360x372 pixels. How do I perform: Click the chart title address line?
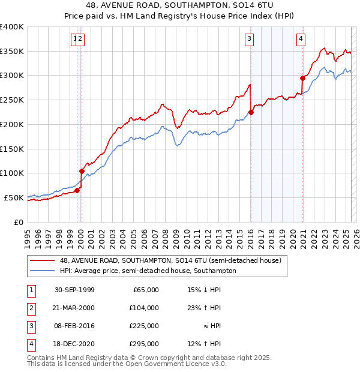coord(179,5)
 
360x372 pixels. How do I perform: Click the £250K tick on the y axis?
coord(11,100)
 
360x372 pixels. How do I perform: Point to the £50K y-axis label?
coord(13,197)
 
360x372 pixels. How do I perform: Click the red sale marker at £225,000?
coord(251,112)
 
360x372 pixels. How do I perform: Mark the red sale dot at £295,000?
coord(302,78)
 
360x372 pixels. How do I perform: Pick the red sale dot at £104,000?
coord(82,171)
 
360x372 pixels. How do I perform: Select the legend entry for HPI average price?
coord(148,271)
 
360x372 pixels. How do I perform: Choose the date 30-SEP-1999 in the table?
coord(74,290)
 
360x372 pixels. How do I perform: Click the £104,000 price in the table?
coord(144,308)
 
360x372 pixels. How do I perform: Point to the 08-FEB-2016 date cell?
coord(74,326)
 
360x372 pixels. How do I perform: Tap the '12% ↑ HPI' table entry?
coord(204,344)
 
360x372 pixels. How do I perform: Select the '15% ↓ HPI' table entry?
coord(204,290)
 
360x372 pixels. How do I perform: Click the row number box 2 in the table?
coord(30,308)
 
